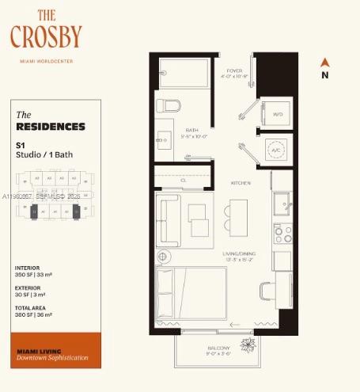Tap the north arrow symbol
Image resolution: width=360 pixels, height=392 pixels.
click(324, 62)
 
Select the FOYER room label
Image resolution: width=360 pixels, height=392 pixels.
click(234, 70)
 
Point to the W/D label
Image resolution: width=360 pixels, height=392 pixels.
click(278, 115)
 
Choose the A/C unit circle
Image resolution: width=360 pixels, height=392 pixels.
click(277, 150)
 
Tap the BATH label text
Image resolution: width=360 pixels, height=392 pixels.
click(191, 129)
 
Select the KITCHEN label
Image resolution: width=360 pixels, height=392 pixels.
click(241, 183)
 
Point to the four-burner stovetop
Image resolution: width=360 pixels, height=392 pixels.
click(282, 234)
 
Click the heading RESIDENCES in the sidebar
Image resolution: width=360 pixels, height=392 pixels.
click(51, 127)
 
